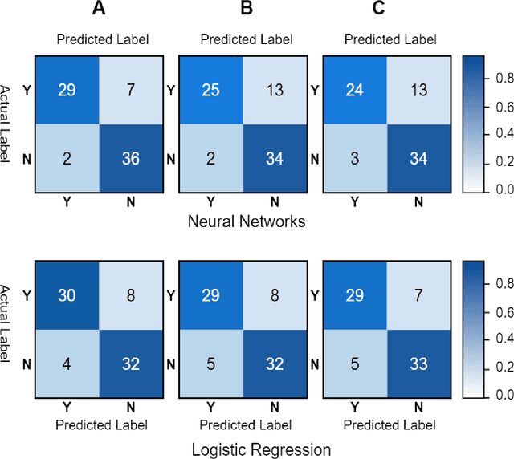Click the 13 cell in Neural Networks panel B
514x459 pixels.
(273, 90)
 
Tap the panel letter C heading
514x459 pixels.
(390, 10)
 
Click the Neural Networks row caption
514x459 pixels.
(246, 221)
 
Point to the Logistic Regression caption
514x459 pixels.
(260, 448)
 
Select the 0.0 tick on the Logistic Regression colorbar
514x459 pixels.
(500, 395)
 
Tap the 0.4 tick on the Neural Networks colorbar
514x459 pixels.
(500, 134)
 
